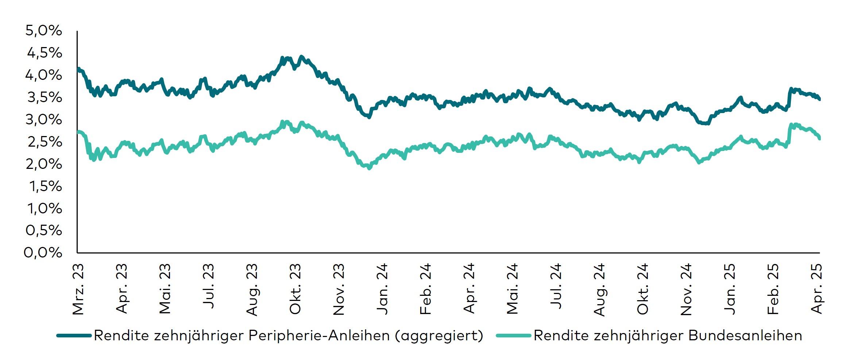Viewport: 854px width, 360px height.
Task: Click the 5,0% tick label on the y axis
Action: click(x=43, y=30)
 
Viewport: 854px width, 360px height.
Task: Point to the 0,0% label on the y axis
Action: click(x=43, y=252)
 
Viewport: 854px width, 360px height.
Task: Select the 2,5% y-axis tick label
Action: click(x=44, y=142)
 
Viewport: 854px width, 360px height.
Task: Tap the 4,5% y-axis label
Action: click(x=44, y=53)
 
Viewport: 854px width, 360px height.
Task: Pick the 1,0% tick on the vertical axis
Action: click(x=44, y=208)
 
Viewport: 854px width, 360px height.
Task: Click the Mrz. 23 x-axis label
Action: click(x=78, y=289)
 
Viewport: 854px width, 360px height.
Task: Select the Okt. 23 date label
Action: click(x=295, y=289)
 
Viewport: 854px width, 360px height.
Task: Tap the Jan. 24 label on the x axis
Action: click(x=382, y=289)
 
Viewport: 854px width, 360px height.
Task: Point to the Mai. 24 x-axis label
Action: click(x=513, y=289)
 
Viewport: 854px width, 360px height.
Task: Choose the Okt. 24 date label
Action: click(x=643, y=289)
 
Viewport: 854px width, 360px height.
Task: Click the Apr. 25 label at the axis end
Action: click(x=817, y=289)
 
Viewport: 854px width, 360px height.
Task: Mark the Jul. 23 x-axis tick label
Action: click(x=208, y=286)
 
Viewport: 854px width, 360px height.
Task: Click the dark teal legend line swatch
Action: click(x=74, y=336)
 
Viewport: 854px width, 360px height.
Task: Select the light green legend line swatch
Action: click(x=513, y=336)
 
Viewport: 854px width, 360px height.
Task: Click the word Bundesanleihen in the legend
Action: click(x=745, y=336)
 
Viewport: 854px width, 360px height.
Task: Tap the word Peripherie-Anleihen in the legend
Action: click(x=319, y=336)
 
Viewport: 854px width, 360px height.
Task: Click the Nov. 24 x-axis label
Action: click(x=686, y=289)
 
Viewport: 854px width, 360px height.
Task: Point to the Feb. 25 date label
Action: click(x=773, y=289)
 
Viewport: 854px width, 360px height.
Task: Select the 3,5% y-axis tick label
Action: click(x=44, y=97)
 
